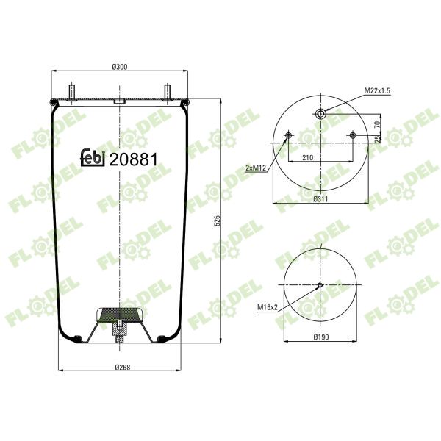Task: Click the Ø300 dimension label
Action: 120,67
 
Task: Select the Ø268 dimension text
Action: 123,367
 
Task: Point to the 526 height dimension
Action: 217,220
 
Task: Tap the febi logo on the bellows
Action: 93,157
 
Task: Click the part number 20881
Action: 133,159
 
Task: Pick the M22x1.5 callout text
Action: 377,90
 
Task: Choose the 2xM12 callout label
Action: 256,168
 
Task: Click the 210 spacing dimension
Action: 308,157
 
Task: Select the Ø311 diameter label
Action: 320,199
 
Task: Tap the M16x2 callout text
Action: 268,307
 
